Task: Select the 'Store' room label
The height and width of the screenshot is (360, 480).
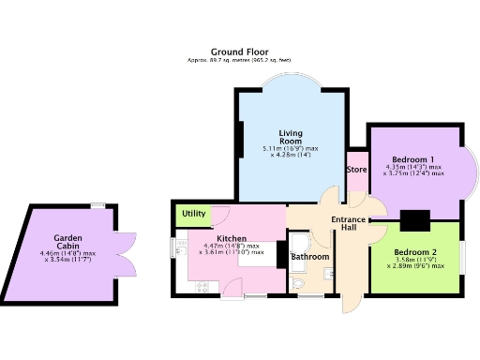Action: [x=356, y=170]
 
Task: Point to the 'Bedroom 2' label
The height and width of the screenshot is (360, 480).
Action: [x=414, y=253]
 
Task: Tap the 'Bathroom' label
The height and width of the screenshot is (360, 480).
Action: [x=310, y=256]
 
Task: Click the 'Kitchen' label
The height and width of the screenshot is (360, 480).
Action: [x=232, y=238]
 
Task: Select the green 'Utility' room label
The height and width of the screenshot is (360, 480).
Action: [x=194, y=215]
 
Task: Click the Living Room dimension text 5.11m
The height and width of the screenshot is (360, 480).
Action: [x=292, y=148]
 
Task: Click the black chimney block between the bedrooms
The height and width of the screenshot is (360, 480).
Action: [x=413, y=220]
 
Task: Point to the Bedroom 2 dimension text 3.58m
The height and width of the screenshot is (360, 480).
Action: [x=415, y=261]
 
